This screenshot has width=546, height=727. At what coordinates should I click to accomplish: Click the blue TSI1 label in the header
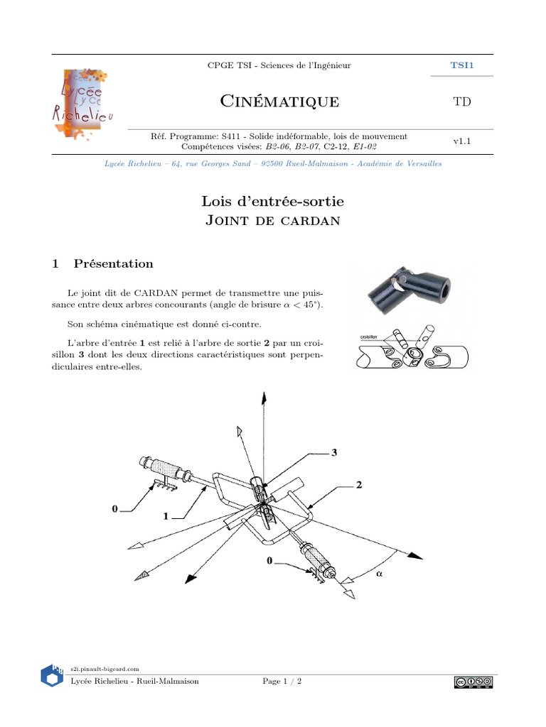pyautogui.click(x=462, y=65)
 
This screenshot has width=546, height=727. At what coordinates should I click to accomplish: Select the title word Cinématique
pyautogui.click(x=279, y=102)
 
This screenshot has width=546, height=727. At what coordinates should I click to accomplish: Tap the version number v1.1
pyautogui.click(x=463, y=141)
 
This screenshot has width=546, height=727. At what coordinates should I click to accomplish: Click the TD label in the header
pyautogui.click(x=462, y=102)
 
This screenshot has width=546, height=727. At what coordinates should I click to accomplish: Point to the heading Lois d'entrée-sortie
pyautogui.click(x=273, y=202)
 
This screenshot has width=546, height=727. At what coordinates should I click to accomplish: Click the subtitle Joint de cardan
pyautogui.click(x=273, y=221)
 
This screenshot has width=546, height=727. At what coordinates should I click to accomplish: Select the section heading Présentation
pyautogui.click(x=113, y=263)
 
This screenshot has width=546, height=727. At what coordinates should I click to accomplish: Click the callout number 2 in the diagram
pyautogui.click(x=359, y=486)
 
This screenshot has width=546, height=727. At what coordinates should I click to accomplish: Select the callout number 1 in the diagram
pyautogui.click(x=166, y=517)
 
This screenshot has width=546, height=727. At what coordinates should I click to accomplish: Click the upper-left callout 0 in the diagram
pyautogui.click(x=114, y=508)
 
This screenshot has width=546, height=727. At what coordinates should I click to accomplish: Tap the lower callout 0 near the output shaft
pyautogui.click(x=269, y=561)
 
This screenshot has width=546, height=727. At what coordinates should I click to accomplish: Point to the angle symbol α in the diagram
pyautogui.click(x=378, y=575)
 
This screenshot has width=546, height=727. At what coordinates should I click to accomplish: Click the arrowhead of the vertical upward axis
pyautogui.click(x=264, y=398)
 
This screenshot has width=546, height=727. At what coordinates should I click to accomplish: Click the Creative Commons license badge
pyautogui.click(x=473, y=682)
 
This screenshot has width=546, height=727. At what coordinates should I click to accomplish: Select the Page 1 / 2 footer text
pyautogui.click(x=282, y=682)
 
